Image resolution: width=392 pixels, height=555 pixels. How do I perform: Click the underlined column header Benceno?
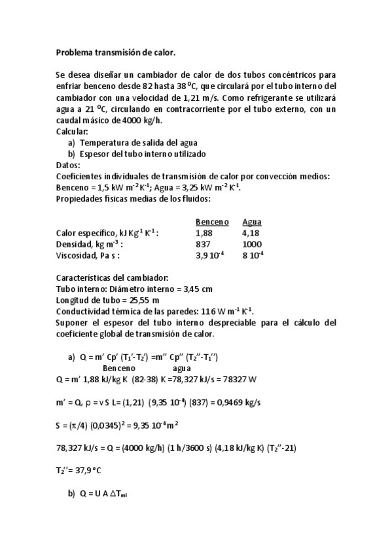pos(212,221)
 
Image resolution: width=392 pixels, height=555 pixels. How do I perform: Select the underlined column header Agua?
pos(252,221)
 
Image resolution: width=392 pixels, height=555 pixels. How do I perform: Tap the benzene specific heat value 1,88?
pos(204,232)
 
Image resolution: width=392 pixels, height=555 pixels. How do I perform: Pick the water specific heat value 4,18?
pos(251,232)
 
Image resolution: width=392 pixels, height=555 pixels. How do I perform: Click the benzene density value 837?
pos(203,243)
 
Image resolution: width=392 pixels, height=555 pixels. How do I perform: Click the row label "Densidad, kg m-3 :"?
pos(89,243)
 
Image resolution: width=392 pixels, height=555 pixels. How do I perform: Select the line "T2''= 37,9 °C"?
pos(81,469)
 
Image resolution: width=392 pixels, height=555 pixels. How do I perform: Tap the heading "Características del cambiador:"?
pos(113,277)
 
